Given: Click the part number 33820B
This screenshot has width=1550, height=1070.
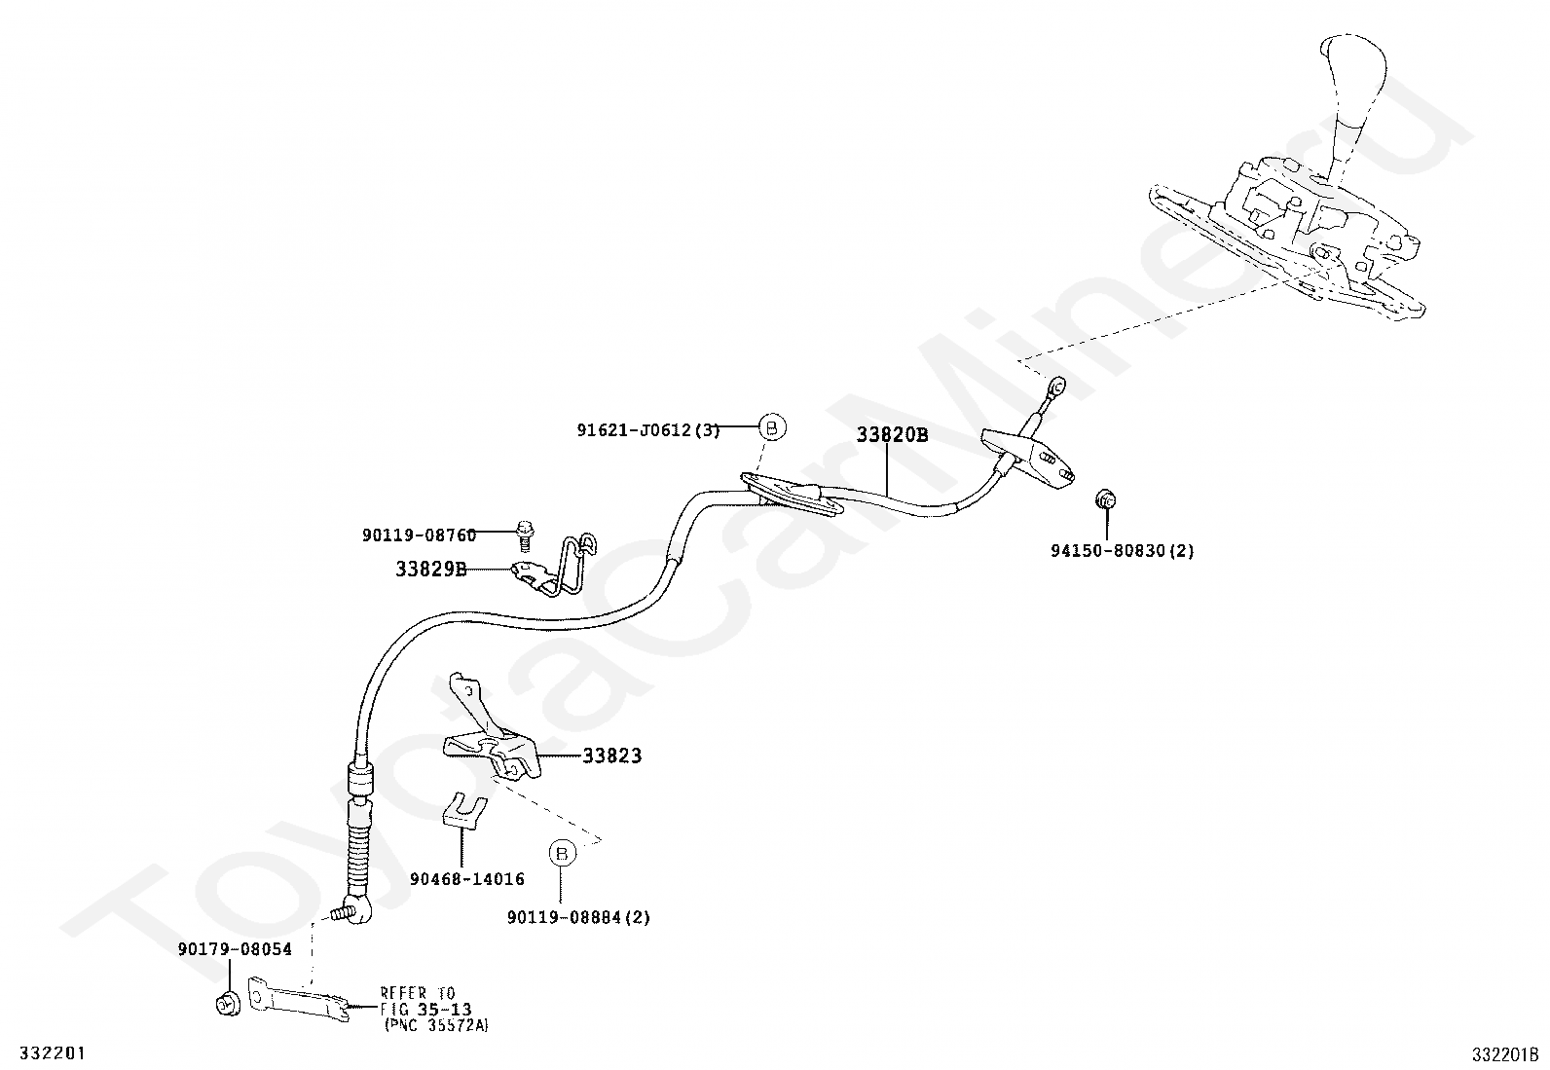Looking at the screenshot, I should (892, 435).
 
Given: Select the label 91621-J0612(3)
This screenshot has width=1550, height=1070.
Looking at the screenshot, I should (647, 430).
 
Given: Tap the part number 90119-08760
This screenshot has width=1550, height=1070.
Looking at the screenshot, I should (420, 535).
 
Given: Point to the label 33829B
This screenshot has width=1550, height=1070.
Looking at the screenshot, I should (430, 569).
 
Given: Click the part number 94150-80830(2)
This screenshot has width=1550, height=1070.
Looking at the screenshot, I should (1122, 550).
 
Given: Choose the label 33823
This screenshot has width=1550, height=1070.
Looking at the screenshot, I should (612, 756).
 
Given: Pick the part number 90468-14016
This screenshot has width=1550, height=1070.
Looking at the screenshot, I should (467, 879).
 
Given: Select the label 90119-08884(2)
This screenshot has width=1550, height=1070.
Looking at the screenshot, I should (578, 917).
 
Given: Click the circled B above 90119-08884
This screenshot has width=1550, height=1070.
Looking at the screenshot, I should (562, 853).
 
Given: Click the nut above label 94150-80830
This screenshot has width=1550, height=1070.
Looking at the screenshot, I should (1105, 499).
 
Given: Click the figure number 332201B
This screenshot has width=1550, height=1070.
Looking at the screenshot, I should (1505, 1053).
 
